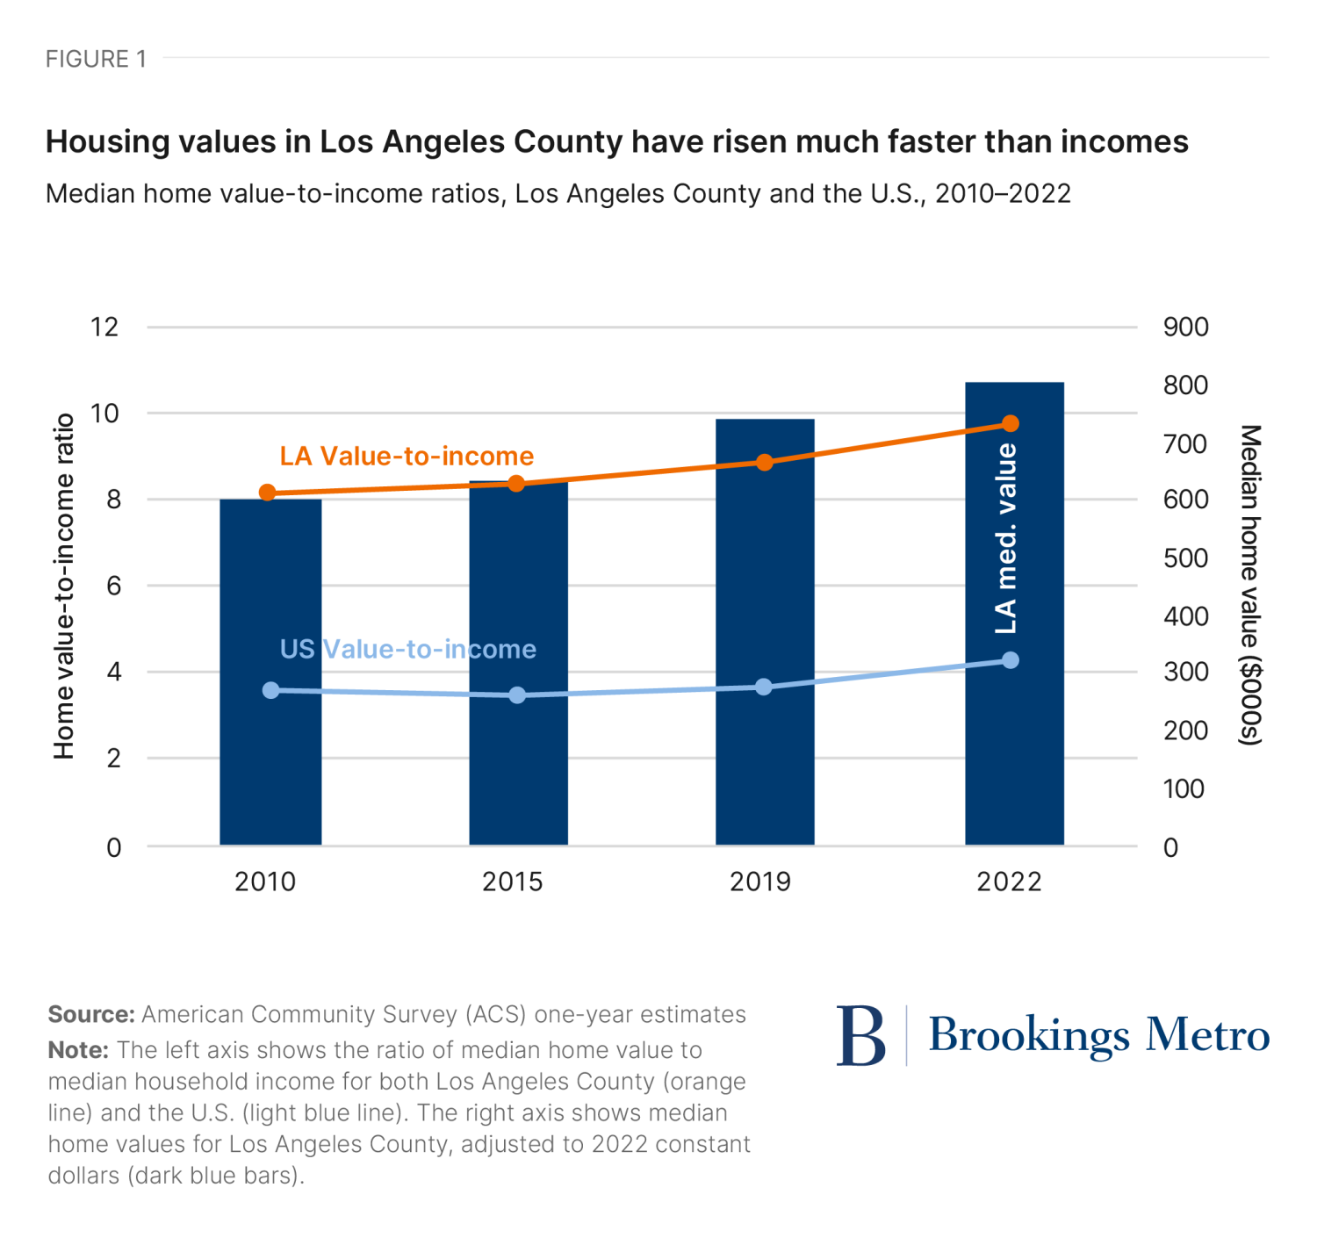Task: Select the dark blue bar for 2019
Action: pos(765,632)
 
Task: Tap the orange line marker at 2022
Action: pos(1011,424)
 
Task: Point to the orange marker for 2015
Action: pos(516,484)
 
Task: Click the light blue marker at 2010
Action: pos(271,690)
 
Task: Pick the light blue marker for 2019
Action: pos(764,687)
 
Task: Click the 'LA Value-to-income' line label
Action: pos(407,457)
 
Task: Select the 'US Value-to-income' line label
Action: pos(407,649)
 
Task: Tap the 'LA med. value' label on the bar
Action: pos(1006,537)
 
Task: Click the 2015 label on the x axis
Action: pos(513,882)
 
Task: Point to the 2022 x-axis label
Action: pos(1009,882)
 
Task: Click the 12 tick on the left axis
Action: pos(104,327)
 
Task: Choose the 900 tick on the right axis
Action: pos(1185,327)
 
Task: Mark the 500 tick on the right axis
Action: pos(1185,558)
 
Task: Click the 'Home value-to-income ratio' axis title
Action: pos(64,586)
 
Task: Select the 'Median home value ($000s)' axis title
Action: pos(1250,586)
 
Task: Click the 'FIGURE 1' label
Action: pos(96,59)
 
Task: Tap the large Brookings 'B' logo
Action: pos(860,1036)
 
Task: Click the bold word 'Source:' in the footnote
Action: pos(91,1015)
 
